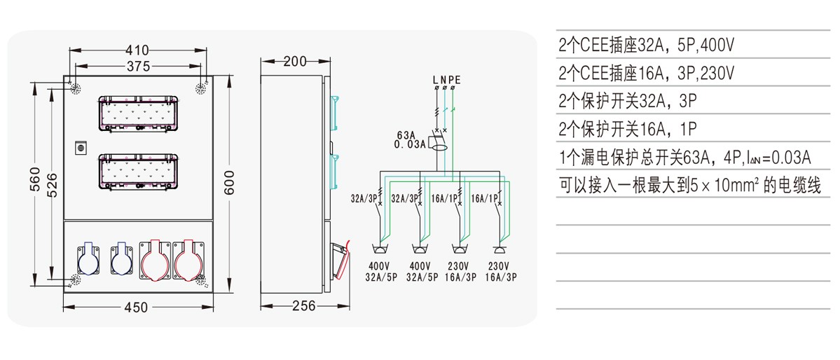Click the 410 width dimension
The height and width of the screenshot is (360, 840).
[137, 50]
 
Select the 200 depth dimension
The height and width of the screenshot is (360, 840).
[296, 62]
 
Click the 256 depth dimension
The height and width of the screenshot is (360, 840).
[303, 306]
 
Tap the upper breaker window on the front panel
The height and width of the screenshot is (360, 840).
[137, 113]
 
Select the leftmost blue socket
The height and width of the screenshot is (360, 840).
[90, 260]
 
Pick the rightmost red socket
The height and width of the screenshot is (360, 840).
[188, 260]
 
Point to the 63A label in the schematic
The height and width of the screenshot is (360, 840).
[407, 134]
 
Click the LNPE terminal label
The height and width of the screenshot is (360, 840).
[446, 79]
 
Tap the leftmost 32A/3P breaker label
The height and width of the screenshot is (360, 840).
[364, 199]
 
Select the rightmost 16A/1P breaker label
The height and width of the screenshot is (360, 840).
[484, 199]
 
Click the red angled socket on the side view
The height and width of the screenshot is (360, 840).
[340, 260]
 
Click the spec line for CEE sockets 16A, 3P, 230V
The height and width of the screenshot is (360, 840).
[646, 73]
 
